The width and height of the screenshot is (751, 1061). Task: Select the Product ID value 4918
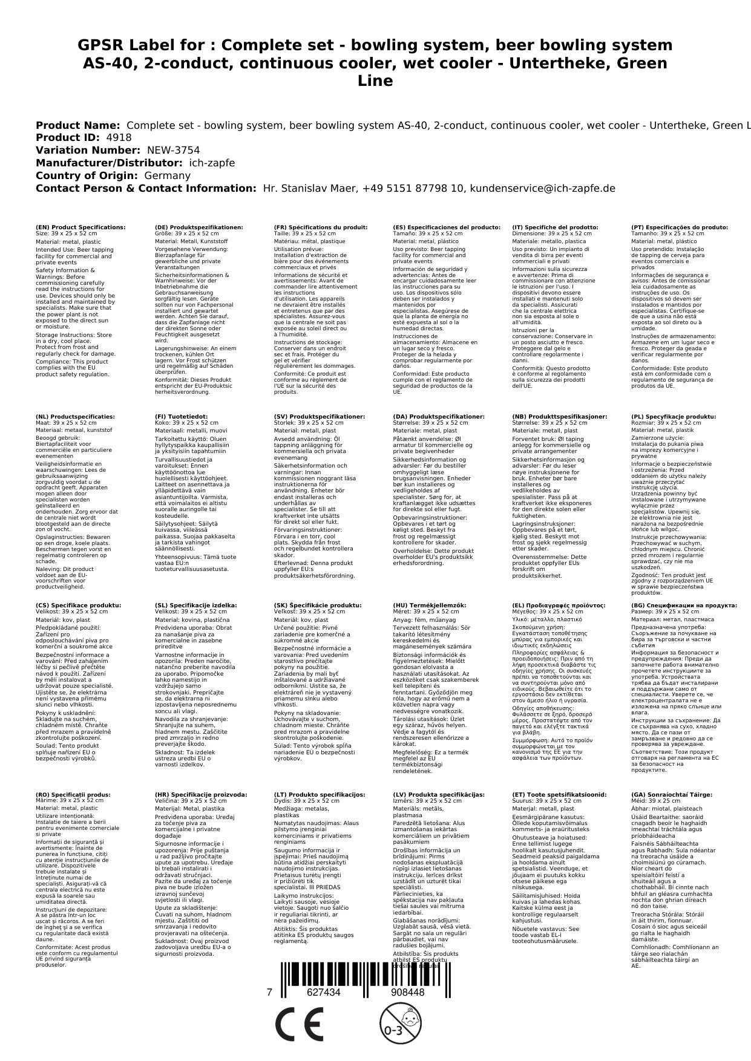119,138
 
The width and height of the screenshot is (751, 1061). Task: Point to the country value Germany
167,175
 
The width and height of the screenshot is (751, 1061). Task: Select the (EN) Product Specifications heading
80,227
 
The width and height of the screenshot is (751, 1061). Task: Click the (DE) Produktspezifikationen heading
199,227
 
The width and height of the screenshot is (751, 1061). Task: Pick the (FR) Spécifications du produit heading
321,227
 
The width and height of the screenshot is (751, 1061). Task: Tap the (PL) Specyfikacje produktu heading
674,417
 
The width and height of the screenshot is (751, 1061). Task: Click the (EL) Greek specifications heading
559,606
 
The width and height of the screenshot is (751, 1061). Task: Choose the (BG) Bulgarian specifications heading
684,606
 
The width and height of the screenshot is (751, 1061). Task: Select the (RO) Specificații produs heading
73,795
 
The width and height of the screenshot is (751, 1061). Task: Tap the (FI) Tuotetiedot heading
181,417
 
